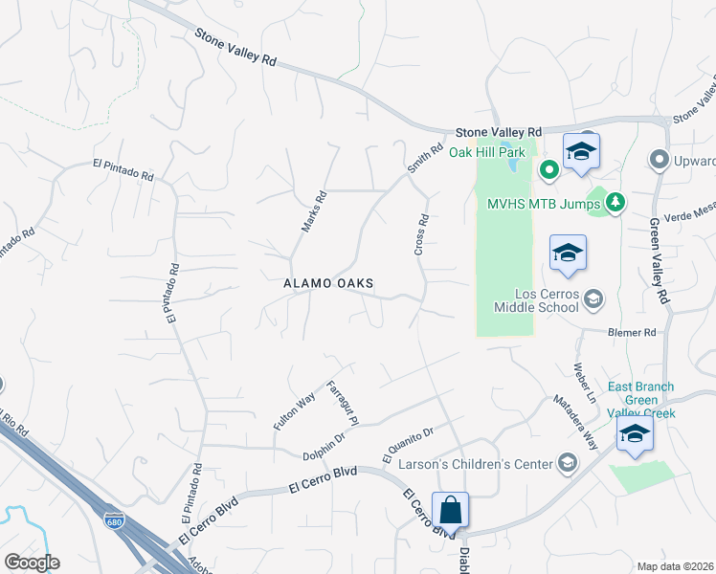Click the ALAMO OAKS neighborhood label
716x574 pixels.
(327, 284)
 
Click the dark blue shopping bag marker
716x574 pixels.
(449, 510)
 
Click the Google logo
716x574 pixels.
(32, 563)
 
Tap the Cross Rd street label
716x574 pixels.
(420, 234)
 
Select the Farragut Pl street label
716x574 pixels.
(342, 404)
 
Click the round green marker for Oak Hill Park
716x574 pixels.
(548, 171)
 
